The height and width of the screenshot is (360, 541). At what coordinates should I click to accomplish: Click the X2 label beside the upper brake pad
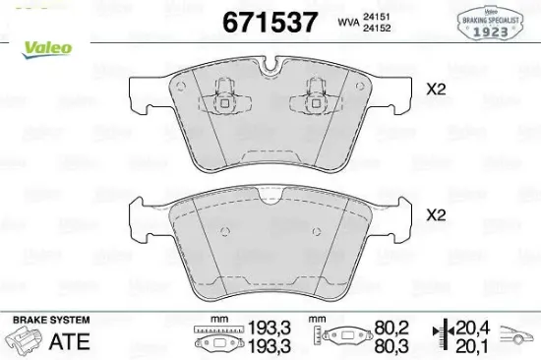click(x=436, y=90)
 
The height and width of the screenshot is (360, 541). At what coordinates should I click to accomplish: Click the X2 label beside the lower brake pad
click(x=436, y=213)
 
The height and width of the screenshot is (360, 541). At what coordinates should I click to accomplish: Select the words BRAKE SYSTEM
click(x=49, y=321)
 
